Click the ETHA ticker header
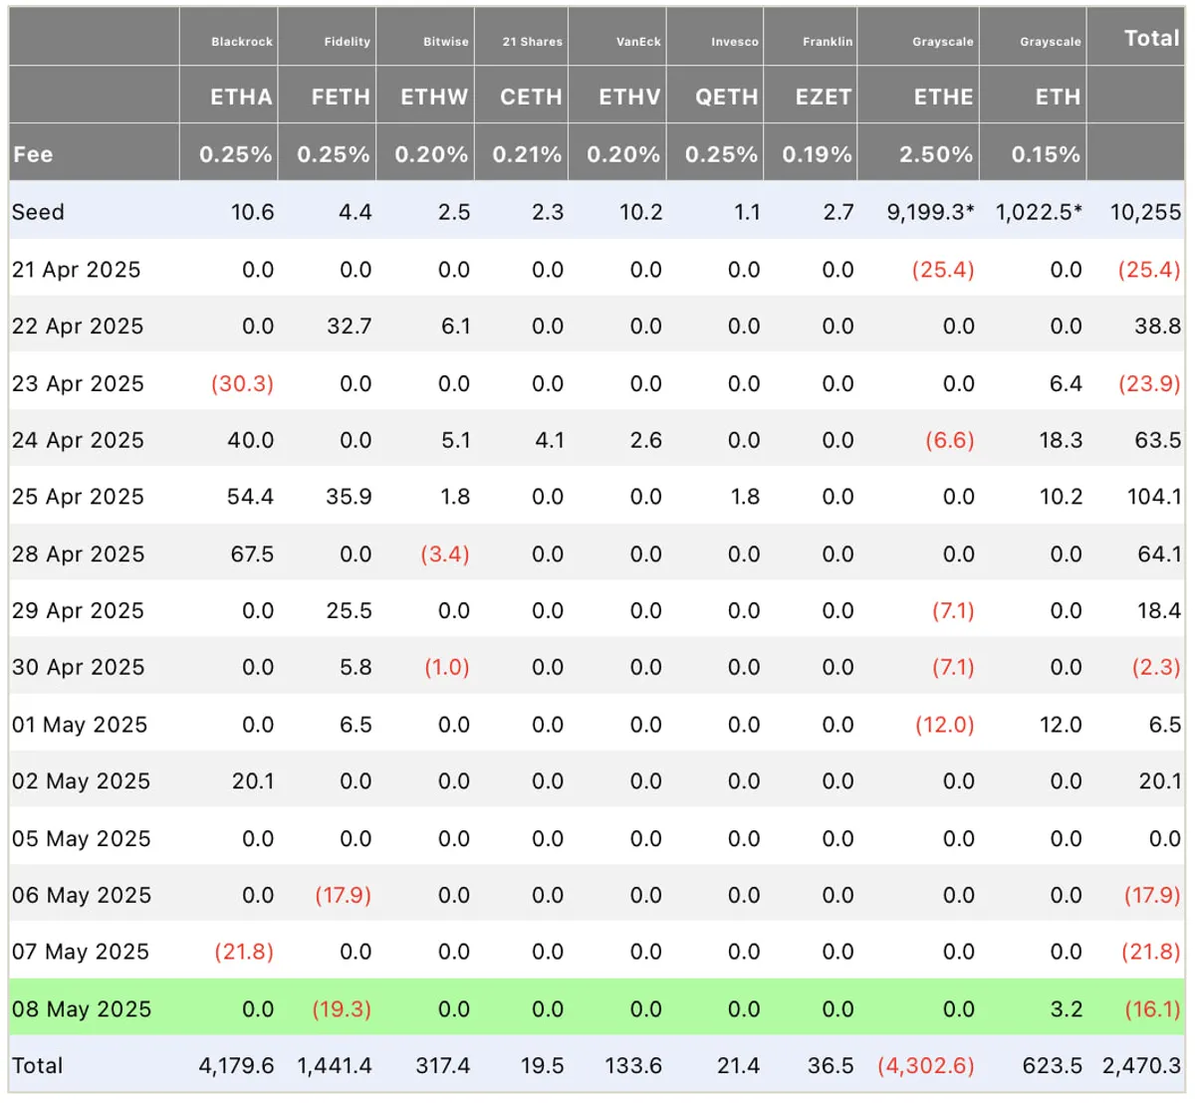[x=241, y=97]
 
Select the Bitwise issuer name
[x=446, y=42]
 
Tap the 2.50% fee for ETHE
[x=936, y=154]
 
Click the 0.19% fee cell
[x=818, y=154]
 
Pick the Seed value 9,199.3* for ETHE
[x=930, y=212]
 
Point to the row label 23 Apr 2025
[x=79, y=384]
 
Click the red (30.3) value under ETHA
[x=243, y=384]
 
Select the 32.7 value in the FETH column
[x=350, y=327]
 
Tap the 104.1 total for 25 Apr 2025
[x=1154, y=497]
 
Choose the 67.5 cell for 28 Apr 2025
[x=252, y=554]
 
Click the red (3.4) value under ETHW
[x=445, y=554]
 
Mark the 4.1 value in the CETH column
[x=550, y=440]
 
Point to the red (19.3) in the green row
[x=342, y=1009]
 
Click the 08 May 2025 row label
[x=82, y=1009]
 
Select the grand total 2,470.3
[x=1141, y=1065]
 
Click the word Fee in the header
[x=33, y=154]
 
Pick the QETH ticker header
[x=727, y=97]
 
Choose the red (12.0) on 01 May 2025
[x=945, y=725]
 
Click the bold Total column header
[x=1151, y=39]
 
